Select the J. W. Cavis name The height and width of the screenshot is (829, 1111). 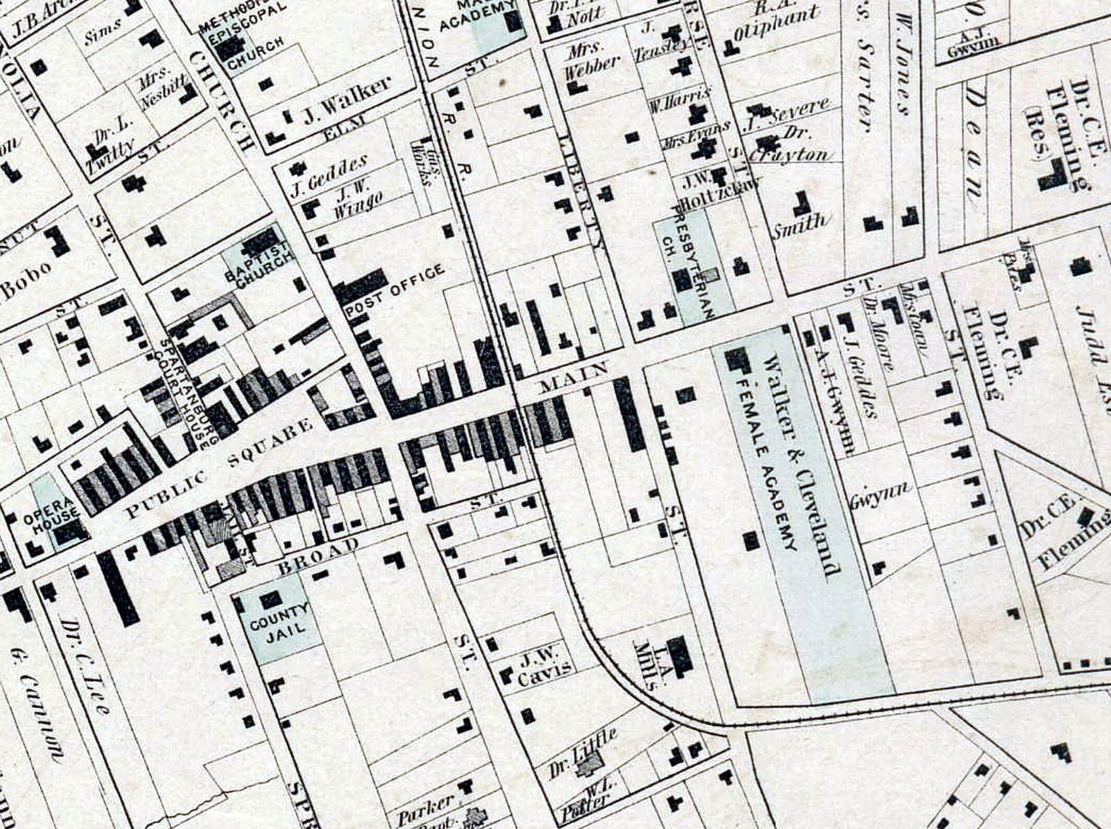pos(545,665)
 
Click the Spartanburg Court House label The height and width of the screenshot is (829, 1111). pos(183,394)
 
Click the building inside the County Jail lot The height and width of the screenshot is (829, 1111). pos(271,599)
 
